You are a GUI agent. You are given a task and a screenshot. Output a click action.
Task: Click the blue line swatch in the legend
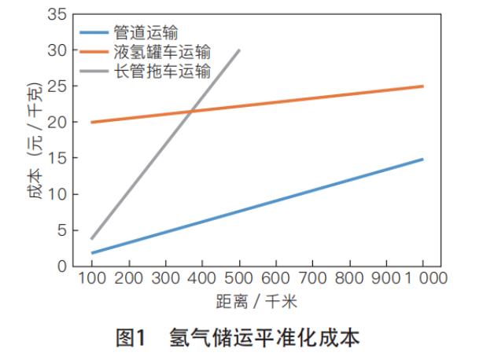(98, 32)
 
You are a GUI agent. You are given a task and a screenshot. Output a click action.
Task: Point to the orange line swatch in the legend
(98, 52)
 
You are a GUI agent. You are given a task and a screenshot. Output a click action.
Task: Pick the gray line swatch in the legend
(98, 71)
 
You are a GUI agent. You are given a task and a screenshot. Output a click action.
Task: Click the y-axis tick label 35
(57, 14)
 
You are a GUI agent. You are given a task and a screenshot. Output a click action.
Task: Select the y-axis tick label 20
(57, 122)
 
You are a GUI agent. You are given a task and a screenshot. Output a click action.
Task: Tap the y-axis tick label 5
(61, 230)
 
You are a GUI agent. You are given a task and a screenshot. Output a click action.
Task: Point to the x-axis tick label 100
(92, 279)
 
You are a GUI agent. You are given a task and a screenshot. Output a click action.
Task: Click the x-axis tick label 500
(239, 279)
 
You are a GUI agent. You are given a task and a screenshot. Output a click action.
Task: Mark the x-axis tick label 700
(313, 279)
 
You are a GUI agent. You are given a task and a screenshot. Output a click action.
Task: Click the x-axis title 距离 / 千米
(258, 302)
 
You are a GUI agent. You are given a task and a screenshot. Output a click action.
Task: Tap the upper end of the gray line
(239, 50)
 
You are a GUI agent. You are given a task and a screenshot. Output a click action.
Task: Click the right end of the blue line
(423, 159)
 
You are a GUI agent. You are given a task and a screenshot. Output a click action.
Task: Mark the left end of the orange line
(92, 122)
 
